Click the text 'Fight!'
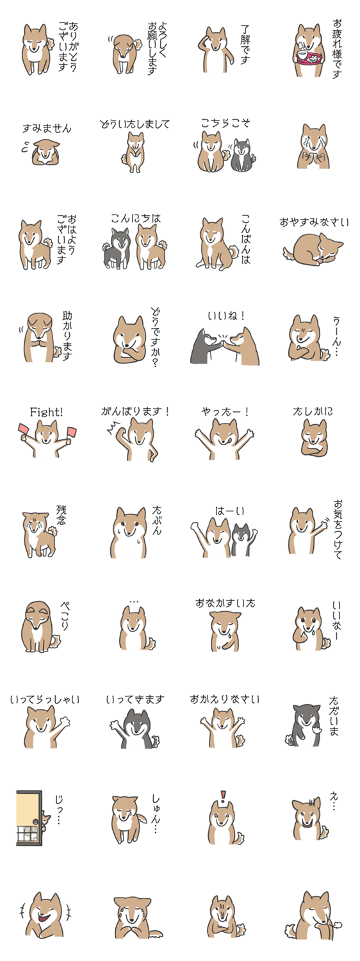pos(46,413)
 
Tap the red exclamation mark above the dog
pos(223,796)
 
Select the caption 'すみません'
pos(47,128)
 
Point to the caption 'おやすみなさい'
pos(315,223)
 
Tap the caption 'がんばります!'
pos(135,411)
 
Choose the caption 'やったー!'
pos(225,412)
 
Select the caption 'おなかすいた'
pos(225,604)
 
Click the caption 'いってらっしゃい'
pos(45,700)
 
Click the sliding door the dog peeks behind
pos(29,817)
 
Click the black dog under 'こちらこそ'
pos(242,154)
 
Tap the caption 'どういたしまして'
pos(135,124)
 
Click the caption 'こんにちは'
pos(136,218)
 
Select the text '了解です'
pos(245,44)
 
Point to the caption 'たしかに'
pos(313,411)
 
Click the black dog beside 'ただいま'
pos(306,726)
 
